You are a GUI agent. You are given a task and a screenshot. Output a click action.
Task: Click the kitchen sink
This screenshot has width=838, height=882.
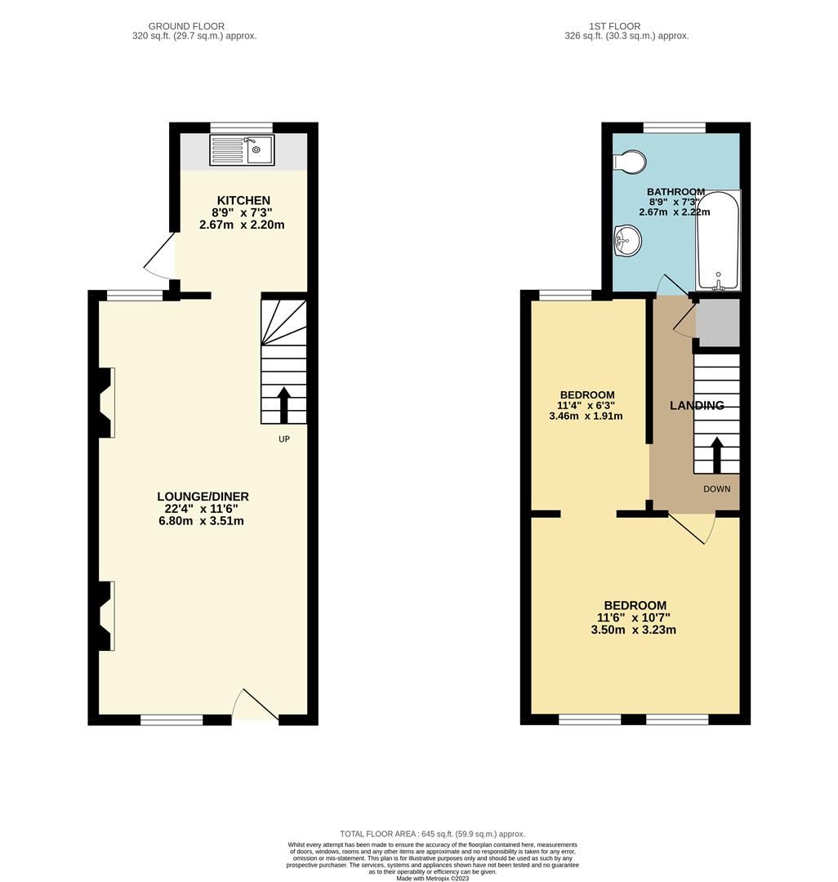(x=244, y=150)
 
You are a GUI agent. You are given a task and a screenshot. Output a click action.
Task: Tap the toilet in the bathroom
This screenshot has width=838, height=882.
(x=629, y=162)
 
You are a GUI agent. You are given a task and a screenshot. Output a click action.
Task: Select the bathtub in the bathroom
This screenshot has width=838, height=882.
(x=718, y=240)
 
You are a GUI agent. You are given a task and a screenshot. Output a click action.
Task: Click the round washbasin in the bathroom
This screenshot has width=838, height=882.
(x=627, y=240)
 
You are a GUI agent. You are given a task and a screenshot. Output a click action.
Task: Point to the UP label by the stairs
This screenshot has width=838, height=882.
(x=283, y=439)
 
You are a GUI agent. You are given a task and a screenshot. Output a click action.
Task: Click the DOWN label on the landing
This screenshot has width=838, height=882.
(x=717, y=488)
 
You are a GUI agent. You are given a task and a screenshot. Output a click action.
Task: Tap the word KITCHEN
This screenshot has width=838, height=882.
(x=243, y=200)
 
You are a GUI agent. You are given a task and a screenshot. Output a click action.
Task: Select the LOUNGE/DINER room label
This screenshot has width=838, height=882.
(x=203, y=497)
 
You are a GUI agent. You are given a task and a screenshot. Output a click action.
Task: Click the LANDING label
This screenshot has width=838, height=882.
(x=697, y=405)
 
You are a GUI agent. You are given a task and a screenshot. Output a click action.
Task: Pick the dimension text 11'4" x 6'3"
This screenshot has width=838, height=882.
(x=586, y=404)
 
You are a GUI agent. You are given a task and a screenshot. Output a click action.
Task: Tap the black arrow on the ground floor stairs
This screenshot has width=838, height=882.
(x=284, y=403)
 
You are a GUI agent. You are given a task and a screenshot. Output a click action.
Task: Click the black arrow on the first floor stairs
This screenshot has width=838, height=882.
(x=717, y=455)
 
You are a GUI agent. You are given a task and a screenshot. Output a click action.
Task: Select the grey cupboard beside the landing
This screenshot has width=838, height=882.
(x=717, y=320)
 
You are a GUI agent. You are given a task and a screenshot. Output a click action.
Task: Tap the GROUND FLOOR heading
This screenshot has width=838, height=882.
(x=186, y=26)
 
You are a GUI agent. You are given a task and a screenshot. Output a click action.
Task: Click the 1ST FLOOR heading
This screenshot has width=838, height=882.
(x=626, y=26)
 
